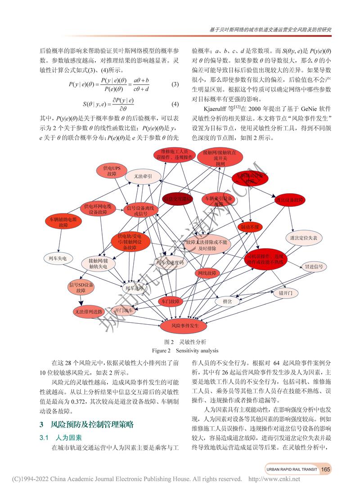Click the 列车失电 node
pos(58,258)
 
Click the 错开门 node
pos(286,293)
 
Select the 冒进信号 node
pos(314,267)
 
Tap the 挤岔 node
pos(227,302)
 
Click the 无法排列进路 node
pos(88,312)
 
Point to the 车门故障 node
pos(171,301)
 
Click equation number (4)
pos(175,104)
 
